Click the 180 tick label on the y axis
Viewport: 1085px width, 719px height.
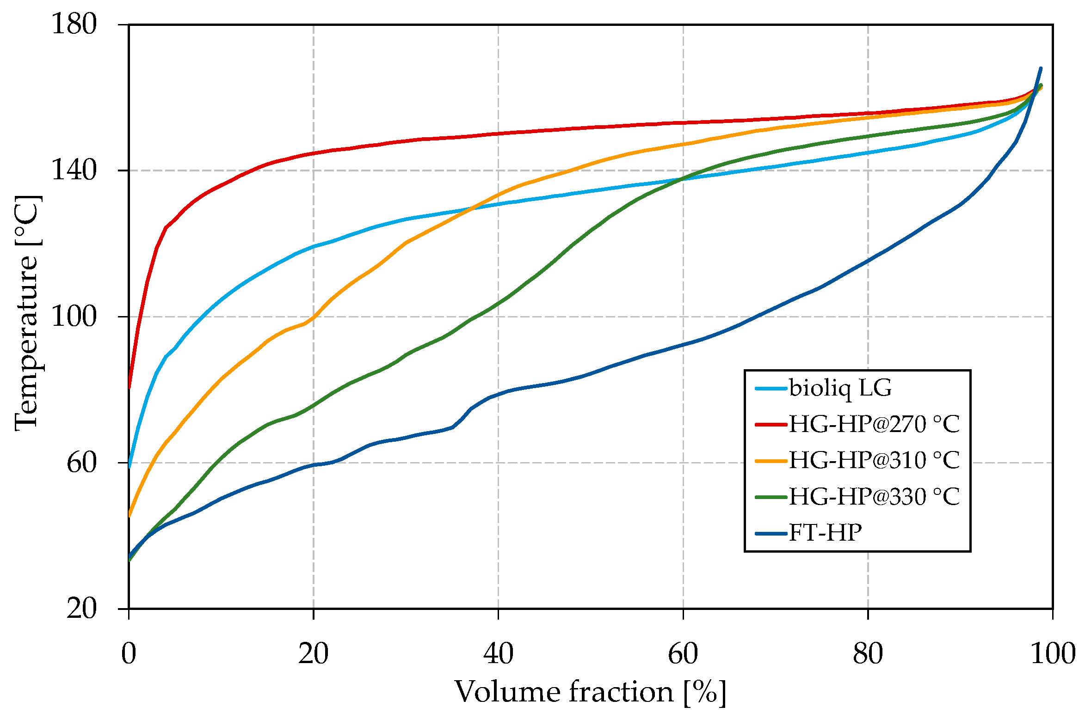tap(74, 24)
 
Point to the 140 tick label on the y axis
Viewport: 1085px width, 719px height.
tap(74, 170)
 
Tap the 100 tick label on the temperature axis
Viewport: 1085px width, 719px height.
tap(74, 317)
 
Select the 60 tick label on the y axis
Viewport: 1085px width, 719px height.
tap(82, 463)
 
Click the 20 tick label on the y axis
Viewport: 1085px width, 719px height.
tap(82, 608)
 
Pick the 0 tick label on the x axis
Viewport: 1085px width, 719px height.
tap(129, 654)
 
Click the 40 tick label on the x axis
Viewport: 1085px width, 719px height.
tap(498, 654)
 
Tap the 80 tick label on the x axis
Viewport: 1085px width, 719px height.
tap(868, 654)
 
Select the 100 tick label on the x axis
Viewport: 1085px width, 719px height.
tap(1053, 654)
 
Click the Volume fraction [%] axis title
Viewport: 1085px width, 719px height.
tap(591, 693)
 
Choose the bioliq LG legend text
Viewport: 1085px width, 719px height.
tap(840, 388)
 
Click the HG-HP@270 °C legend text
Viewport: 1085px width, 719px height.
tap(874, 424)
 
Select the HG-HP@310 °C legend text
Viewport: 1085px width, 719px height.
tap(874, 460)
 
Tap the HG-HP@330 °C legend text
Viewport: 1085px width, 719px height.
tap(874, 497)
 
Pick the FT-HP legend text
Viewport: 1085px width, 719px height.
tap(825, 533)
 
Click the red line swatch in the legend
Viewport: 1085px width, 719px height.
tap(771, 424)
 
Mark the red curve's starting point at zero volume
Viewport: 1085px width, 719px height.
tap(129, 387)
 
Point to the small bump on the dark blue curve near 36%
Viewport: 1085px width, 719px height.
tap(462, 416)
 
